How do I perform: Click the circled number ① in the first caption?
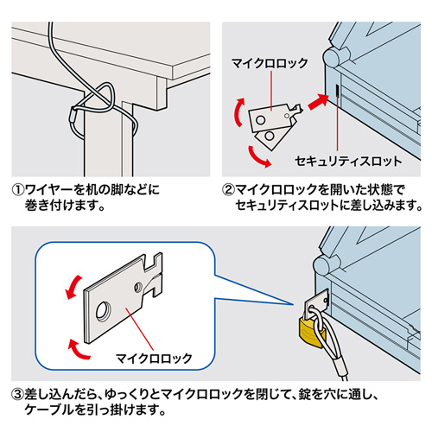tap(16, 190)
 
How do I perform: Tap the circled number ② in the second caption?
tap(229, 190)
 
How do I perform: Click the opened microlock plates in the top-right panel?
tap(272, 124)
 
